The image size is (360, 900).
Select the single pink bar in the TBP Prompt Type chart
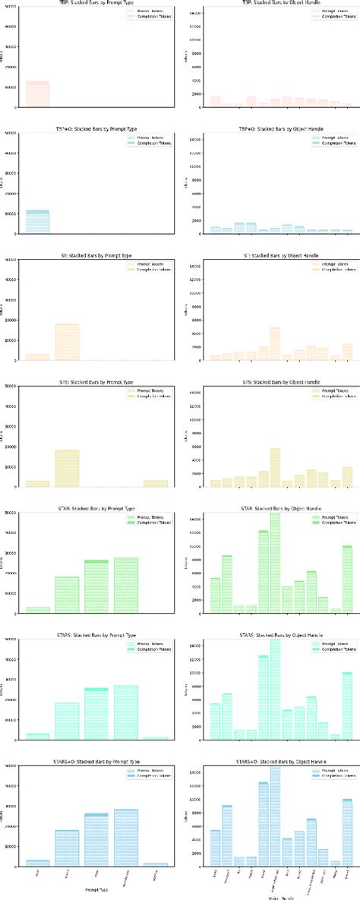pyautogui.click(x=38, y=93)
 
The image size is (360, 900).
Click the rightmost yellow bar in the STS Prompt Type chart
pyautogui.click(x=155, y=482)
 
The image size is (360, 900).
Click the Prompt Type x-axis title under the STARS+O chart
pyautogui.click(x=96, y=889)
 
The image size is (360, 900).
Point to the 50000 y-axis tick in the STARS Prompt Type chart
pyautogui.click(x=11, y=639)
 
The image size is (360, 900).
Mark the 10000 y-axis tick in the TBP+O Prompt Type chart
pyautogui.click(x=11, y=213)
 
